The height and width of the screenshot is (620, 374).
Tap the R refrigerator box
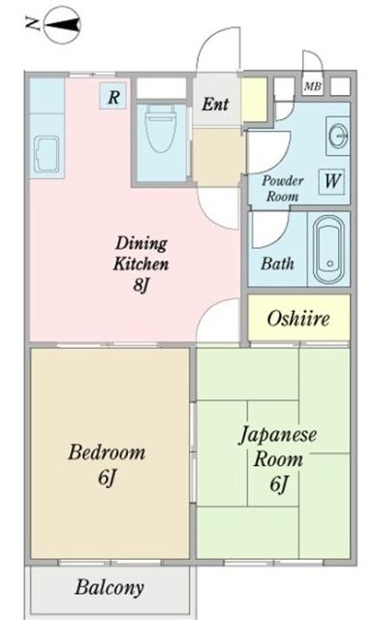[113, 96]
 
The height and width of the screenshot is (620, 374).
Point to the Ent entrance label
[215, 103]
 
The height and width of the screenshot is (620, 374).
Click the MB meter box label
[312, 86]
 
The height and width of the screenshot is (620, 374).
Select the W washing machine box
[332, 180]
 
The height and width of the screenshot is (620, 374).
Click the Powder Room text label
[282, 187]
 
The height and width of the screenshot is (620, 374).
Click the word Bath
[277, 263]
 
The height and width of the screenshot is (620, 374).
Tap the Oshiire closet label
[297, 319]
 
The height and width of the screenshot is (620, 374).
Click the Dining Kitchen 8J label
[142, 263]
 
